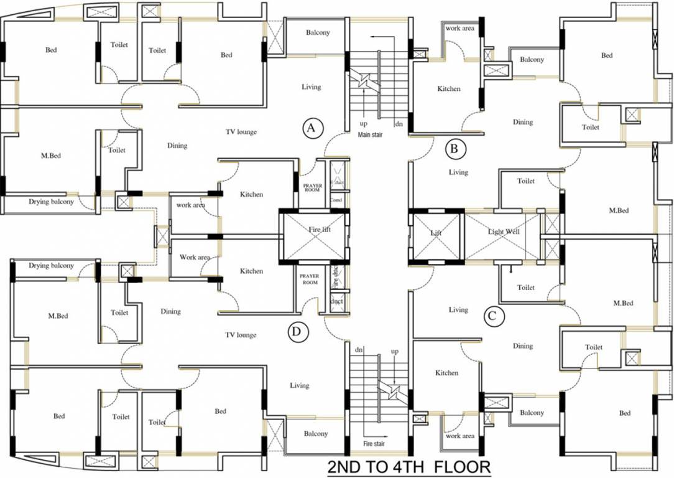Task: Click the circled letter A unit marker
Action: [x=312, y=128]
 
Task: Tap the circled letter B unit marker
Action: [x=456, y=149]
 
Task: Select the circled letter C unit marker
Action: [x=492, y=316]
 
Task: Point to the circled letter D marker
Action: [x=298, y=332]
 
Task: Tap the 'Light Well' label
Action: [x=504, y=232]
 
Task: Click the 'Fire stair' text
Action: [x=374, y=444]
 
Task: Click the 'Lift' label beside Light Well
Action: [x=435, y=232]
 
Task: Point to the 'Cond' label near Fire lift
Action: [x=336, y=200]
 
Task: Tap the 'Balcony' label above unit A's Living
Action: [x=318, y=33]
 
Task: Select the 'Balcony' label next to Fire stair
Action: [x=315, y=434]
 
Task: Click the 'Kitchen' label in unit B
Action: [x=449, y=89]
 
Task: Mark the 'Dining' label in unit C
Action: [x=523, y=346]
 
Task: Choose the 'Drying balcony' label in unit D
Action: [x=51, y=266]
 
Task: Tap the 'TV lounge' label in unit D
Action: [x=241, y=335]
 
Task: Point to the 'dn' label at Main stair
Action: [x=399, y=124]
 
